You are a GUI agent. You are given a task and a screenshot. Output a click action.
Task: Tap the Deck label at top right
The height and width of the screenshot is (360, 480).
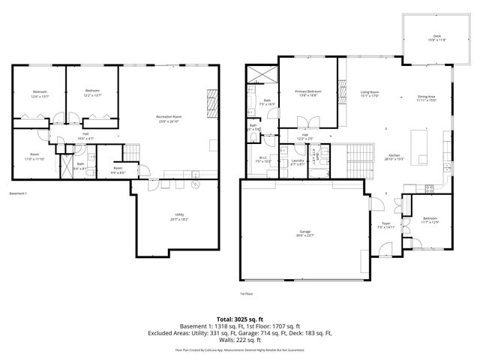coord(436,37)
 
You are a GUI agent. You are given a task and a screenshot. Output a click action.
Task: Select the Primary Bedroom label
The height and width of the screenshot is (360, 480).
coord(307,92)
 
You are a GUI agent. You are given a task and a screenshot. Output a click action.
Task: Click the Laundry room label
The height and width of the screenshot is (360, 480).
coord(297,161)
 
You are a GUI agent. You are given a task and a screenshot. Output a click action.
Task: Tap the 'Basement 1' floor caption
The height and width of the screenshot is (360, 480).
coord(18,193)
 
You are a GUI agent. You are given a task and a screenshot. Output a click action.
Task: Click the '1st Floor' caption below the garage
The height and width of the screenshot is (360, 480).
coord(246,293)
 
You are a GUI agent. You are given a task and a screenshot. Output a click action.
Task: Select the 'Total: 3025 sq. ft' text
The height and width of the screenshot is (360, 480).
coord(239,319)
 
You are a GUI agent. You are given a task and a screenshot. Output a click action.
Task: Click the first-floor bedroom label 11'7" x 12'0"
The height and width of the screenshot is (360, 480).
coord(429,220)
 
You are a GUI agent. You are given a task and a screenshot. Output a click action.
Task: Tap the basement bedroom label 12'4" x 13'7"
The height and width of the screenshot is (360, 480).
coord(40,93)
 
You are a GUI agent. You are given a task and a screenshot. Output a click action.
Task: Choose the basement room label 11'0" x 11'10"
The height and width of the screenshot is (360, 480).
coord(34,156)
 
